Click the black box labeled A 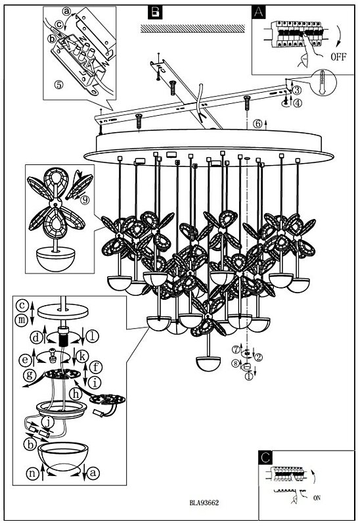point(258,12)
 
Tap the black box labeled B point(154,12)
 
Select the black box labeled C point(265,457)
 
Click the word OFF point(338,57)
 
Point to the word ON point(317,498)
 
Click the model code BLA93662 point(204,502)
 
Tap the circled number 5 point(58,85)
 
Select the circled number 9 point(85,201)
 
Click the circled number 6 point(258,124)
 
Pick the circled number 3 point(297,90)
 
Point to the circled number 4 point(298,103)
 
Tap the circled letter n point(32,473)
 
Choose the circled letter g point(30,375)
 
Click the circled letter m point(22,320)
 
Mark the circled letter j point(47,422)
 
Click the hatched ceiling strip point(192,28)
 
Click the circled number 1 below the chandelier point(248,376)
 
